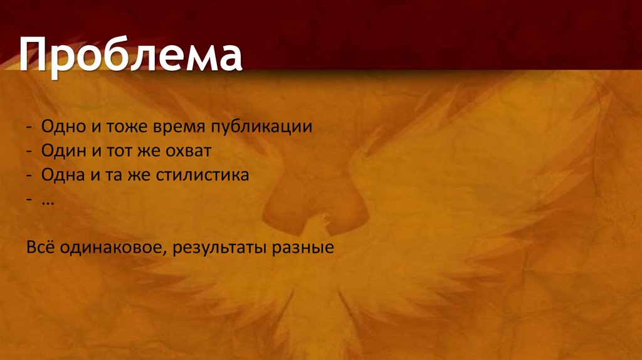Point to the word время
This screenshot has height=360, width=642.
point(167,127)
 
